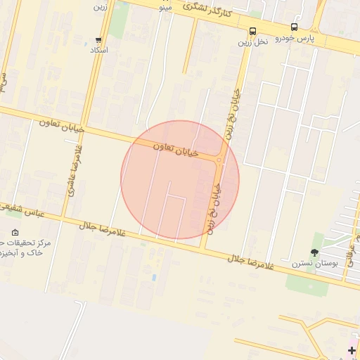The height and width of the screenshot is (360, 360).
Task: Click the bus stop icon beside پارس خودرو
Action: tap(293, 27)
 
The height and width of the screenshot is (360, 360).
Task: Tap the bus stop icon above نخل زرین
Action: tap(252, 30)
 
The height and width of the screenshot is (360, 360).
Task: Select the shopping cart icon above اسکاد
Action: tap(98, 41)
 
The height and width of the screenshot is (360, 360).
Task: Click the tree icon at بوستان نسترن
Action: tap(314, 252)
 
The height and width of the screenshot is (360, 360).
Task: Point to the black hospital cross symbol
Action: tap(352, 350)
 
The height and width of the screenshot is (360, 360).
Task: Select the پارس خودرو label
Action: tap(295, 38)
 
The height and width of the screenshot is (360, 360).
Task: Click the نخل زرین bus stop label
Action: tap(253, 41)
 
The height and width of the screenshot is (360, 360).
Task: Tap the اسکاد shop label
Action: tap(99, 51)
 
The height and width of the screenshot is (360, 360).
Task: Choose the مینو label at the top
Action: tap(166, 8)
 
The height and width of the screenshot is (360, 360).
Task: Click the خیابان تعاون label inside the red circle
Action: tap(176, 148)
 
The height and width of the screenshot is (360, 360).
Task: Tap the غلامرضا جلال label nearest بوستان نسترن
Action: tap(250, 263)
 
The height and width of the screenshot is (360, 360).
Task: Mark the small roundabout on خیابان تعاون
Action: tap(219, 160)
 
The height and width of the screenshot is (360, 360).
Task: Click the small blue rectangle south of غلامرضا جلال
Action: tap(153, 277)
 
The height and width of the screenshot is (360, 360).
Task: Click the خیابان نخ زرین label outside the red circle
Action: tap(233, 113)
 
